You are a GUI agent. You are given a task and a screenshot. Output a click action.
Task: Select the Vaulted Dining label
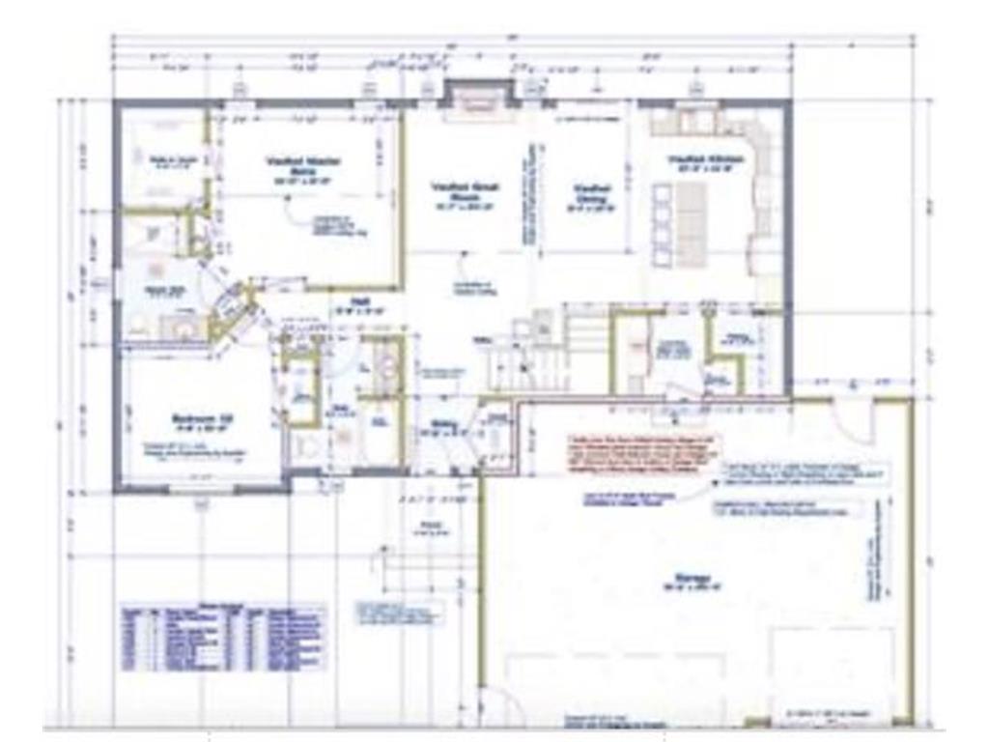point(589,194)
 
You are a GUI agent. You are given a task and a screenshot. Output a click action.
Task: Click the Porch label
point(429,528)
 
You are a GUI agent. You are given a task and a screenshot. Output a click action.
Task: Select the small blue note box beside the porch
point(399,612)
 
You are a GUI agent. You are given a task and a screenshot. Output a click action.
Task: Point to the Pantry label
point(740,338)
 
